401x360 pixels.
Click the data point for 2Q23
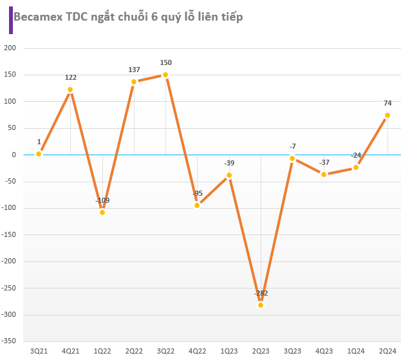coord(261,305)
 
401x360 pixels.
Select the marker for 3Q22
coord(165,75)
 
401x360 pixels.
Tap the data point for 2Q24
coord(387,115)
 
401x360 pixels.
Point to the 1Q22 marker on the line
coord(102,212)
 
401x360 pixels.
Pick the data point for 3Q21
coord(39,153)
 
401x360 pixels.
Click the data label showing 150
coord(165,62)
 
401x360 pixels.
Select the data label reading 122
coord(70,77)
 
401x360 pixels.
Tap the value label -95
coord(197,193)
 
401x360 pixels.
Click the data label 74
coord(387,103)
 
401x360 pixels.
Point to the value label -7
coord(292,146)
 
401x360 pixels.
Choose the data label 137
coord(134,69)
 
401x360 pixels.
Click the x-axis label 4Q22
coord(197,351)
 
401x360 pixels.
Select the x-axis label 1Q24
coord(356,351)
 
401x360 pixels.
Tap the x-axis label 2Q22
coord(134,351)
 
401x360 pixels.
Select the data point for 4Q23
coord(324,174)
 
